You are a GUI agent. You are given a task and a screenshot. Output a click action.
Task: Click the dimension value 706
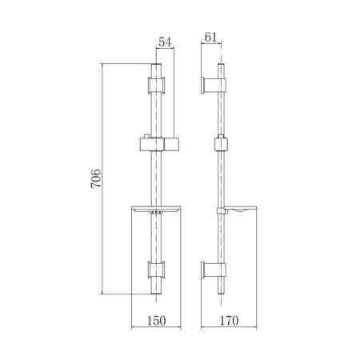(96, 178)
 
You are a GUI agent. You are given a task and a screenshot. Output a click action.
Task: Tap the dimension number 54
(165, 42)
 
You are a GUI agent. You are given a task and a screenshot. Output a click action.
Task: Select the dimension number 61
(210, 38)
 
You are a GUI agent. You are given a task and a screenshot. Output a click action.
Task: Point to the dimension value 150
(157, 321)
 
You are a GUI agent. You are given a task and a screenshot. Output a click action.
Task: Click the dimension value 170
(229, 321)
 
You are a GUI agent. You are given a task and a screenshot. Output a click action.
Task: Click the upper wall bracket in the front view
(156, 85)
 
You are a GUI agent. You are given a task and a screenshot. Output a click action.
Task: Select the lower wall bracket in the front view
(156, 270)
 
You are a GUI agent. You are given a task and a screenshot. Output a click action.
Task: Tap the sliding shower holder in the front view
(159, 144)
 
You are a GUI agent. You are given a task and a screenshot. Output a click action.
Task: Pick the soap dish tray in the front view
(156, 210)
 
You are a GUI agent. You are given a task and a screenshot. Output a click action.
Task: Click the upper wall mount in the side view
(214, 86)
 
